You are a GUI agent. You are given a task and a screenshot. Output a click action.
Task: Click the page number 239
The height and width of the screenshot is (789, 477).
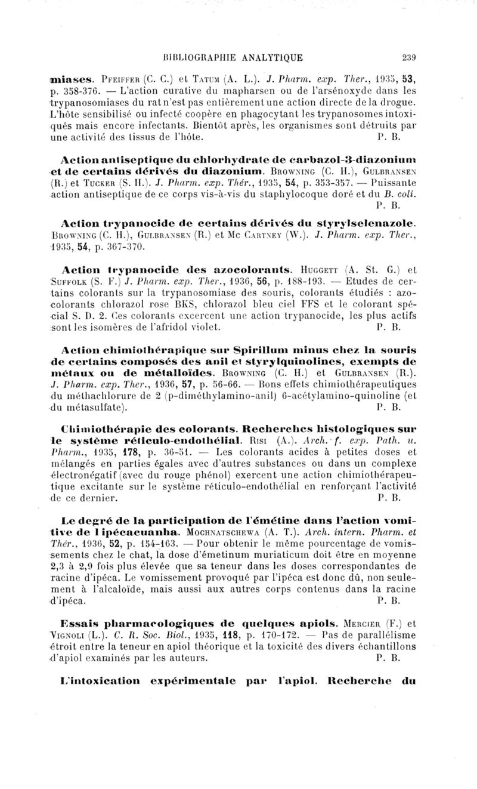(x=408, y=58)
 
